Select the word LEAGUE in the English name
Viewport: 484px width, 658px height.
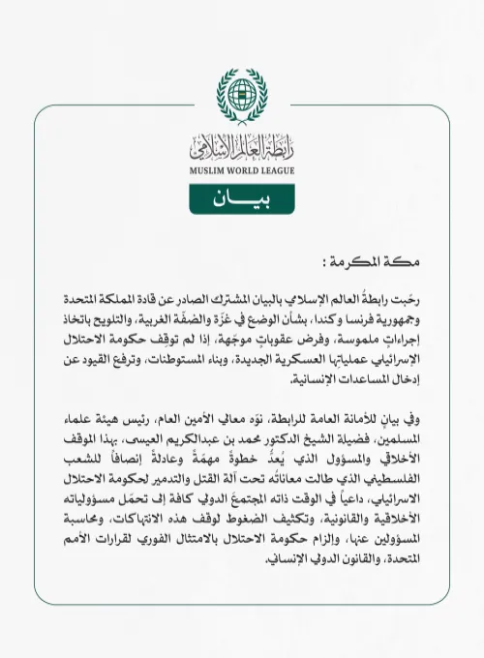[x=276, y=172]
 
